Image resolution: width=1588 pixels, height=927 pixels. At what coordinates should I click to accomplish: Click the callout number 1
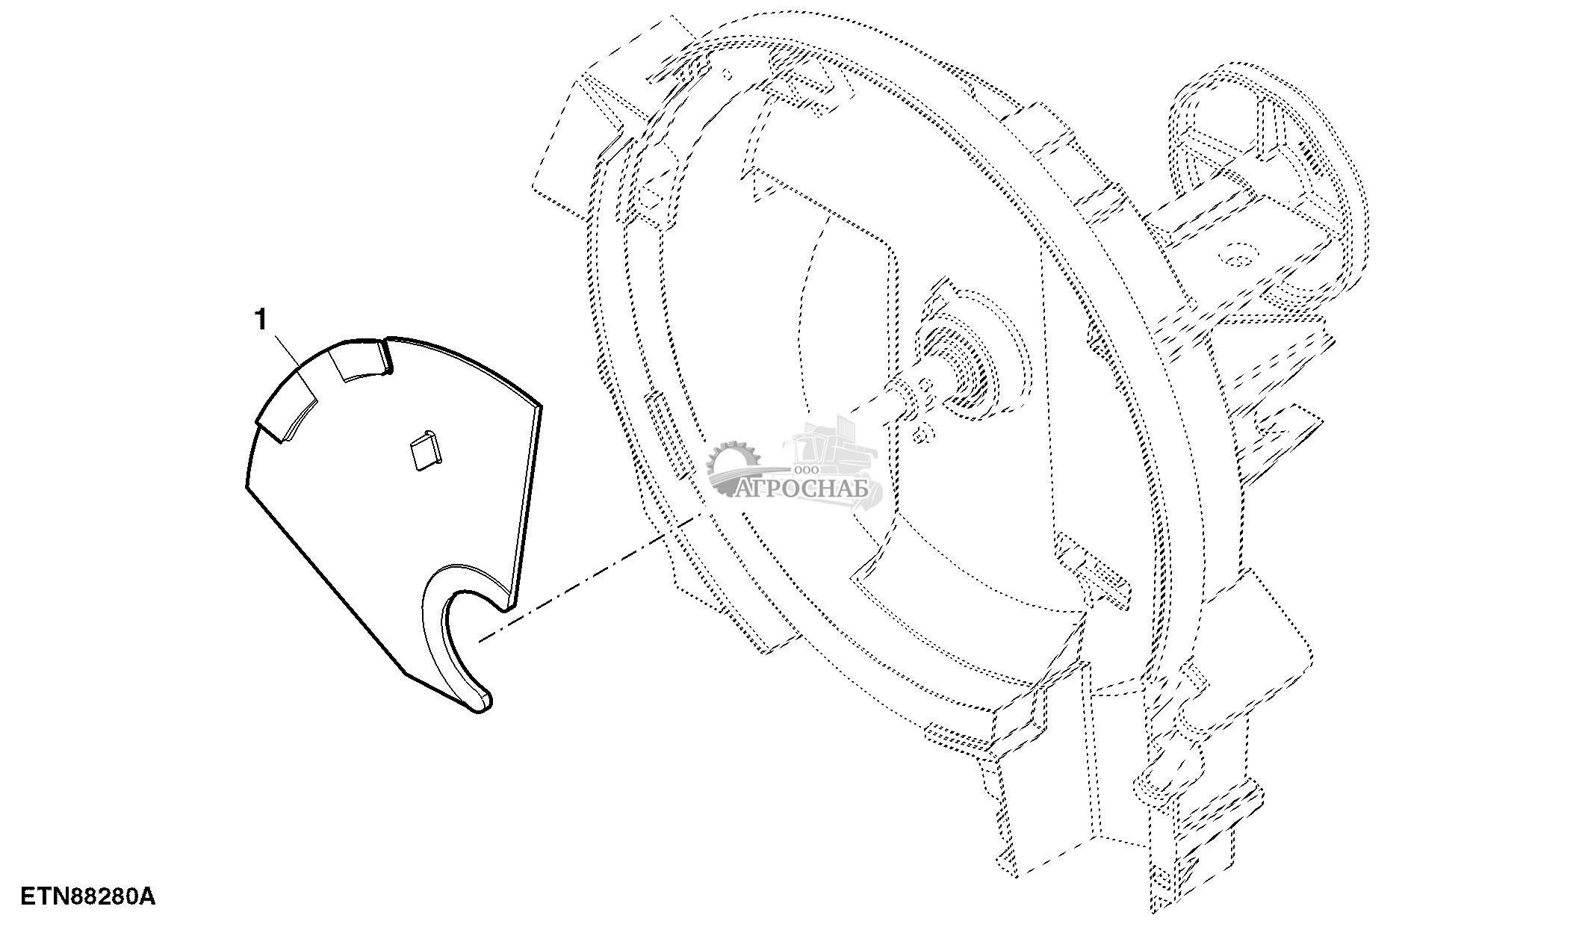point(261,320)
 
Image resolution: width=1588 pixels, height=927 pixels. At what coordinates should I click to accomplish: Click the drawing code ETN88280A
point(88,896)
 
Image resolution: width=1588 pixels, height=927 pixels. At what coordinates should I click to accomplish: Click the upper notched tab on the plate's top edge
point(362,361)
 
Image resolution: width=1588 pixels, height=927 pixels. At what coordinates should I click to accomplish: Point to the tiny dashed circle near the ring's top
point(725,73)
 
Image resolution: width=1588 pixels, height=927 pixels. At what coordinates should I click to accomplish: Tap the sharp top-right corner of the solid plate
point(541,406)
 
